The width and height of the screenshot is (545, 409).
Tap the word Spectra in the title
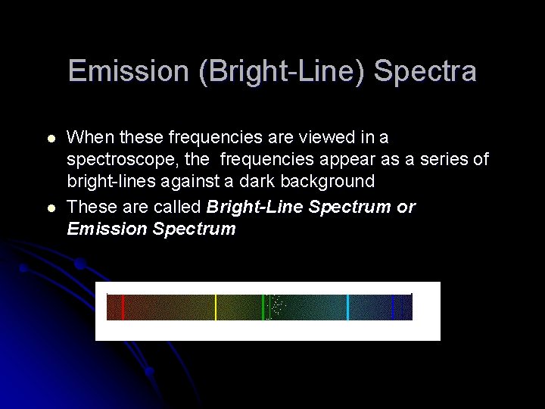(425, 71)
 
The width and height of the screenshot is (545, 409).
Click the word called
(178, 207)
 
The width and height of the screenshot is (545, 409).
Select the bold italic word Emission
(107, 229)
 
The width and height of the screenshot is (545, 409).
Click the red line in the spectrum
(123, 307)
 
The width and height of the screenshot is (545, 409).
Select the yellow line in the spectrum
(216, 307)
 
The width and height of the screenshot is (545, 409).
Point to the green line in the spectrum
(263, 307)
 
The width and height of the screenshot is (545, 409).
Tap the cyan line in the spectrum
(347, 307)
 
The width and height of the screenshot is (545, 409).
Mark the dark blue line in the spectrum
(393, 307)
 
